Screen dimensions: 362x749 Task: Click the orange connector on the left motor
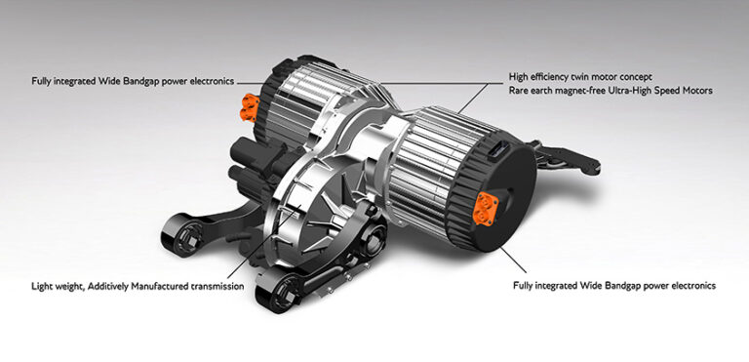(256, 101)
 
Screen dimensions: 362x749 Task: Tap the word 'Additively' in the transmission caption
(109, 287)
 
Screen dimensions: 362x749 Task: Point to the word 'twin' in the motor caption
(589, 75)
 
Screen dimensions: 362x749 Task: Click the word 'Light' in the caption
(41, 287)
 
